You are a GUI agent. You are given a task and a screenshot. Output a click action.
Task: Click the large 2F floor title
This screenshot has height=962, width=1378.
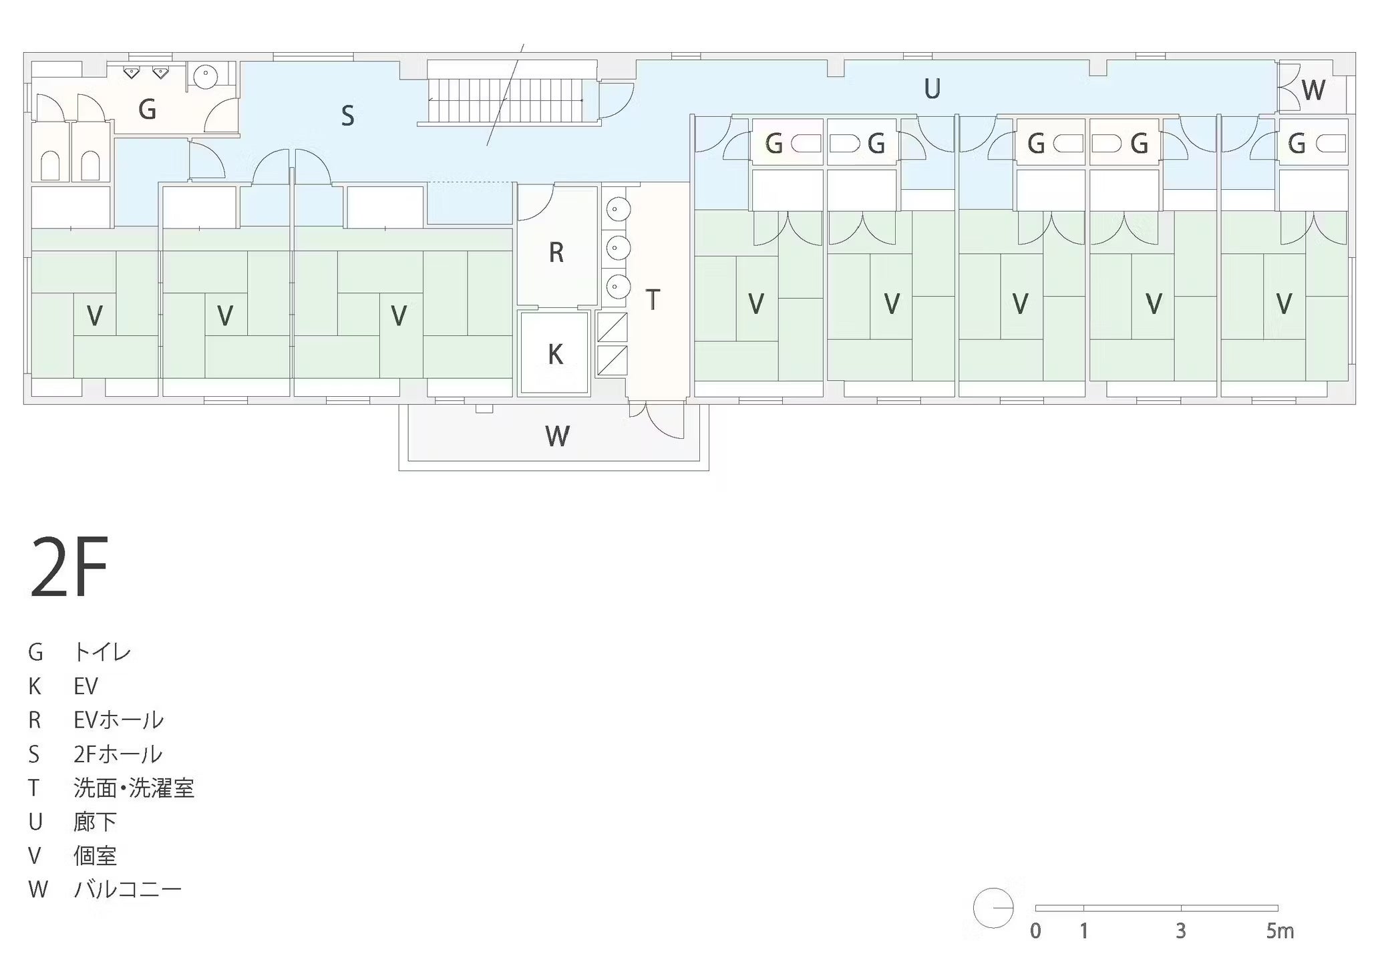tap(69, 567)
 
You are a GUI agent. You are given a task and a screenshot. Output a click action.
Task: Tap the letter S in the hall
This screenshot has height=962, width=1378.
tap(347, 116)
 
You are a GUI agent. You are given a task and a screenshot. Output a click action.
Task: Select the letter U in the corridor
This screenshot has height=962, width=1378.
tap(932, 89)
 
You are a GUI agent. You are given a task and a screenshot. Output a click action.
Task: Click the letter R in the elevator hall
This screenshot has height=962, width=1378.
tap(556, 253)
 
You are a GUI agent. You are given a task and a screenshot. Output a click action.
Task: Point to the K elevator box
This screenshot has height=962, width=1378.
tap(554, 353)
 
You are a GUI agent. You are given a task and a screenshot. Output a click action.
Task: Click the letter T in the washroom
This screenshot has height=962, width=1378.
tap(653, 300)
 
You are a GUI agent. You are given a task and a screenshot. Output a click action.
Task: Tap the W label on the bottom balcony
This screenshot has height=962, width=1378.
tap(557, 436)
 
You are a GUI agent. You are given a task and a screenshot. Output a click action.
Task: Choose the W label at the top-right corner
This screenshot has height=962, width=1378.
tap(1313, 90)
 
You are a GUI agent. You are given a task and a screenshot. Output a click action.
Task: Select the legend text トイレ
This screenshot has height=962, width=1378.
tap(102, 652)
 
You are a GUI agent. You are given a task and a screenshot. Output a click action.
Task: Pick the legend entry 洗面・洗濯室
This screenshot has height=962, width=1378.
tap(134, 788)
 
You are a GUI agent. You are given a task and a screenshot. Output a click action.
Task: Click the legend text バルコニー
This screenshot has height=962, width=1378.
tap(127, 890)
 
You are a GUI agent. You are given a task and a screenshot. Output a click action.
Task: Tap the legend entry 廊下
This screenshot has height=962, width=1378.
tap(95, 822)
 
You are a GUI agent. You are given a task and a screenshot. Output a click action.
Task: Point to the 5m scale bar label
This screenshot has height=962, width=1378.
tap(1280, 931)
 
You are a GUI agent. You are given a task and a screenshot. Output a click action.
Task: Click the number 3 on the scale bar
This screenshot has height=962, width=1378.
tap(1181, 931)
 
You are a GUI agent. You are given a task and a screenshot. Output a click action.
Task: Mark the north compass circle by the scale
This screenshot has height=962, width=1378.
tap(993, 908)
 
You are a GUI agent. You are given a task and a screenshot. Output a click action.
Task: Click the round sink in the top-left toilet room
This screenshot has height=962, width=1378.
tap(206, 76)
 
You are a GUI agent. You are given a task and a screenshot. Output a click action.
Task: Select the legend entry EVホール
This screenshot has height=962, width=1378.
tap(118, 720)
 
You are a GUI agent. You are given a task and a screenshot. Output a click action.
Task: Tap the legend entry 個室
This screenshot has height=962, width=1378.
tap(95, 856)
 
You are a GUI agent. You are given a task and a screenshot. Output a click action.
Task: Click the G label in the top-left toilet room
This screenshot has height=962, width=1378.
tap(147, 109)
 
